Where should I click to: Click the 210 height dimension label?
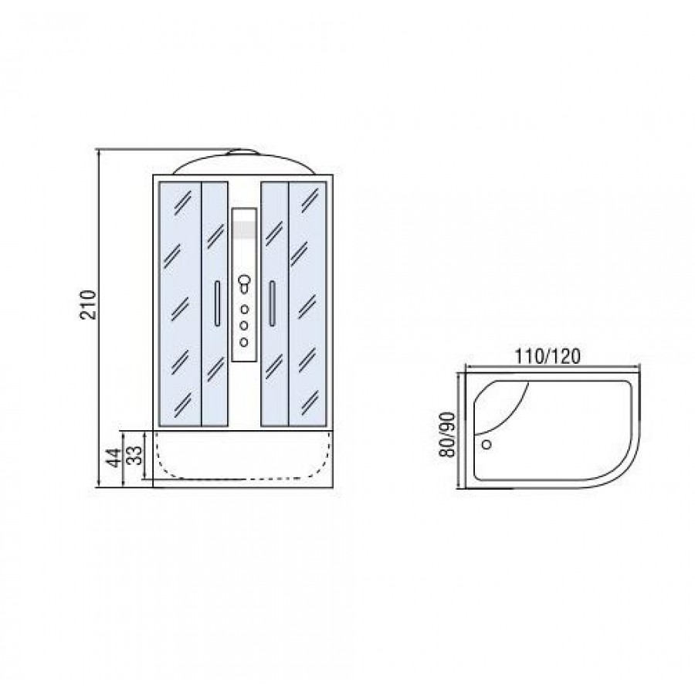pos(88,305)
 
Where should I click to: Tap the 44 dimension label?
pos(114,457)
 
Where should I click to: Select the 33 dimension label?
pos(137,455)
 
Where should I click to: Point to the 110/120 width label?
pos(547,356)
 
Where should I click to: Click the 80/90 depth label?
pos(446,435)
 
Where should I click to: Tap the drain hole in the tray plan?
pos(486,444)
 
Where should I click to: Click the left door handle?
pos(217,303)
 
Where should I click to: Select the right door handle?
pos(272,303)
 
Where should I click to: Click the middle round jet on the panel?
pos(244,325)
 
